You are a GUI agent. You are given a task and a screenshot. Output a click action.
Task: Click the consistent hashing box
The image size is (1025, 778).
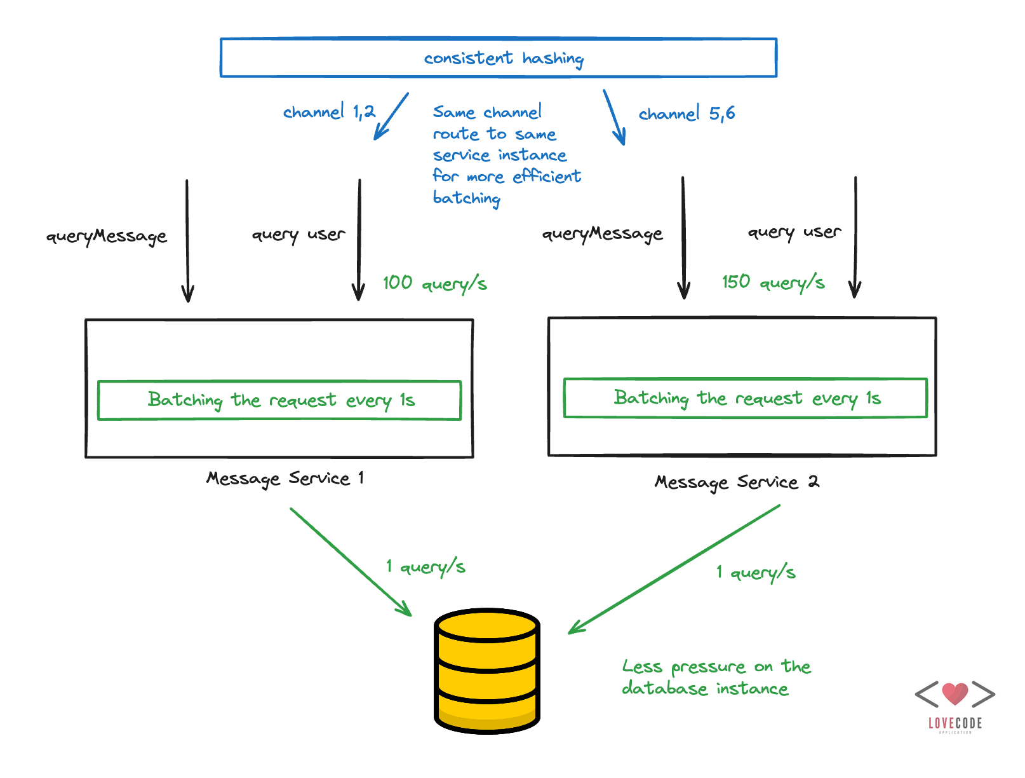pyautogui.click(x=499, y=58)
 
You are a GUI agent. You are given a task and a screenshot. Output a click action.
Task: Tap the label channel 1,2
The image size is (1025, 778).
pyautogui.click(x=329, y=112)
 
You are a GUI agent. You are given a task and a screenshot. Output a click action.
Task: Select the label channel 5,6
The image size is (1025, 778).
pyautogui.click(x=687, y=114)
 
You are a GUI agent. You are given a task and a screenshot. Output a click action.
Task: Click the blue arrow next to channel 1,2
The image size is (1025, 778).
pyautogui.click(x=391, y=116)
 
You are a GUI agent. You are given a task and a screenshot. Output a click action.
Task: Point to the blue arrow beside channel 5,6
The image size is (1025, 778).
pyautogui.click(x=614, y=118)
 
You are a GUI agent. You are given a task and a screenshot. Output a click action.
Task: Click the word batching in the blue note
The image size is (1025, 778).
pyautogui.click(x=467, y=198)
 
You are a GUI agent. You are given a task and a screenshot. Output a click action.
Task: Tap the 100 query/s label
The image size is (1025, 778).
pyautogui.click(x=434, y=283)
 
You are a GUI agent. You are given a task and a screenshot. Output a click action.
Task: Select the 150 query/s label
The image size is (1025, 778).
pyautogui.click(x=773, y=282)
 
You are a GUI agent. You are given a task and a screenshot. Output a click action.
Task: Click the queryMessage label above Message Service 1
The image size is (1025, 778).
pyautogui.click(x=106, y=236)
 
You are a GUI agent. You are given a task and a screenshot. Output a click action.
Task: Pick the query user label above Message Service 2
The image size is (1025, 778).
pyautogui.click(x=794, y=232)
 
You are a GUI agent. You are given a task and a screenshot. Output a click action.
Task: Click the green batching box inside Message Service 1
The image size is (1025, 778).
pyautogui.click(x=279, y=400)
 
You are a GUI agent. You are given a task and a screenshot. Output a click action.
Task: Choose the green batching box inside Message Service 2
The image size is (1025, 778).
pyautogui.click(x=746, y=399)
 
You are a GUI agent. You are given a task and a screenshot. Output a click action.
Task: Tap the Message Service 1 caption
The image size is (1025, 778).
pyautogui.click(x=285, y=478)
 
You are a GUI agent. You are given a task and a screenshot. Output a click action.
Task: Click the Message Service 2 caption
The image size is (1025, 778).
pyautogui.click(x=737, y=482)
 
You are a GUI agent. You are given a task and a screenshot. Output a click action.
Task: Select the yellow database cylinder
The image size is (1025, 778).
pyautogui.click(x=487, y=671)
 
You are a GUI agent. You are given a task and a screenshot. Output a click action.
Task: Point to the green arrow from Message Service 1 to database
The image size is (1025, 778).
pyautogui.click(x=351, y=561)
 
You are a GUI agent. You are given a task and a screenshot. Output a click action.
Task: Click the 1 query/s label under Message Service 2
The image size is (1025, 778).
pyautogui.click(x=756, y=572)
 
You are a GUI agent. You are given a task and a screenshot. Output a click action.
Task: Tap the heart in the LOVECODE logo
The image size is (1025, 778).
pyautogui.click(x=955, y=693)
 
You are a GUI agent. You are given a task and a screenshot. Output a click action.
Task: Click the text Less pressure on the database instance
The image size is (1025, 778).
pyautogui.click(x=716, y=678)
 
